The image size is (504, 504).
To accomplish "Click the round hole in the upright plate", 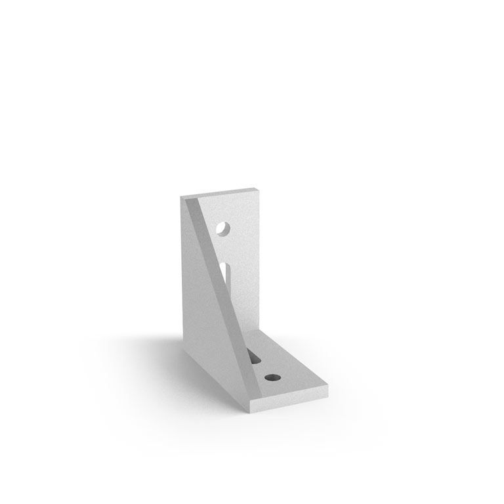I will (x=224, y=229).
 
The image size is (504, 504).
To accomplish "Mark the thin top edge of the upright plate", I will (x=220, y=192).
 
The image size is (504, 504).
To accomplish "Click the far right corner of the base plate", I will (x=326, y=387).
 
